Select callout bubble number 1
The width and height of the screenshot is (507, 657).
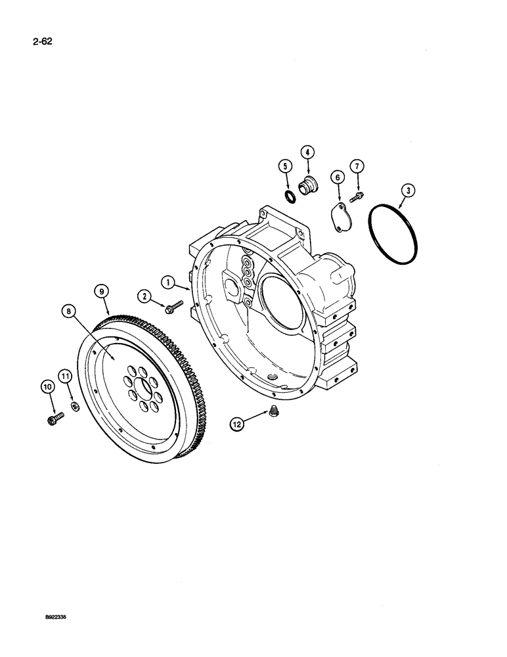(169, 283)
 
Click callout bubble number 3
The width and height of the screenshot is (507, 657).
(408, 191)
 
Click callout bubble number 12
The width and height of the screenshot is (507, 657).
(236, 424)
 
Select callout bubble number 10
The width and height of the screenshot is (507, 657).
(47, 389)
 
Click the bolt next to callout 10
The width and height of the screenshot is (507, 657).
(55, 417)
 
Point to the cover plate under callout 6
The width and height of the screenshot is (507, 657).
(341, 219)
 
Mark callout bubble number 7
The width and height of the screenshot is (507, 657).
(357, 166)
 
